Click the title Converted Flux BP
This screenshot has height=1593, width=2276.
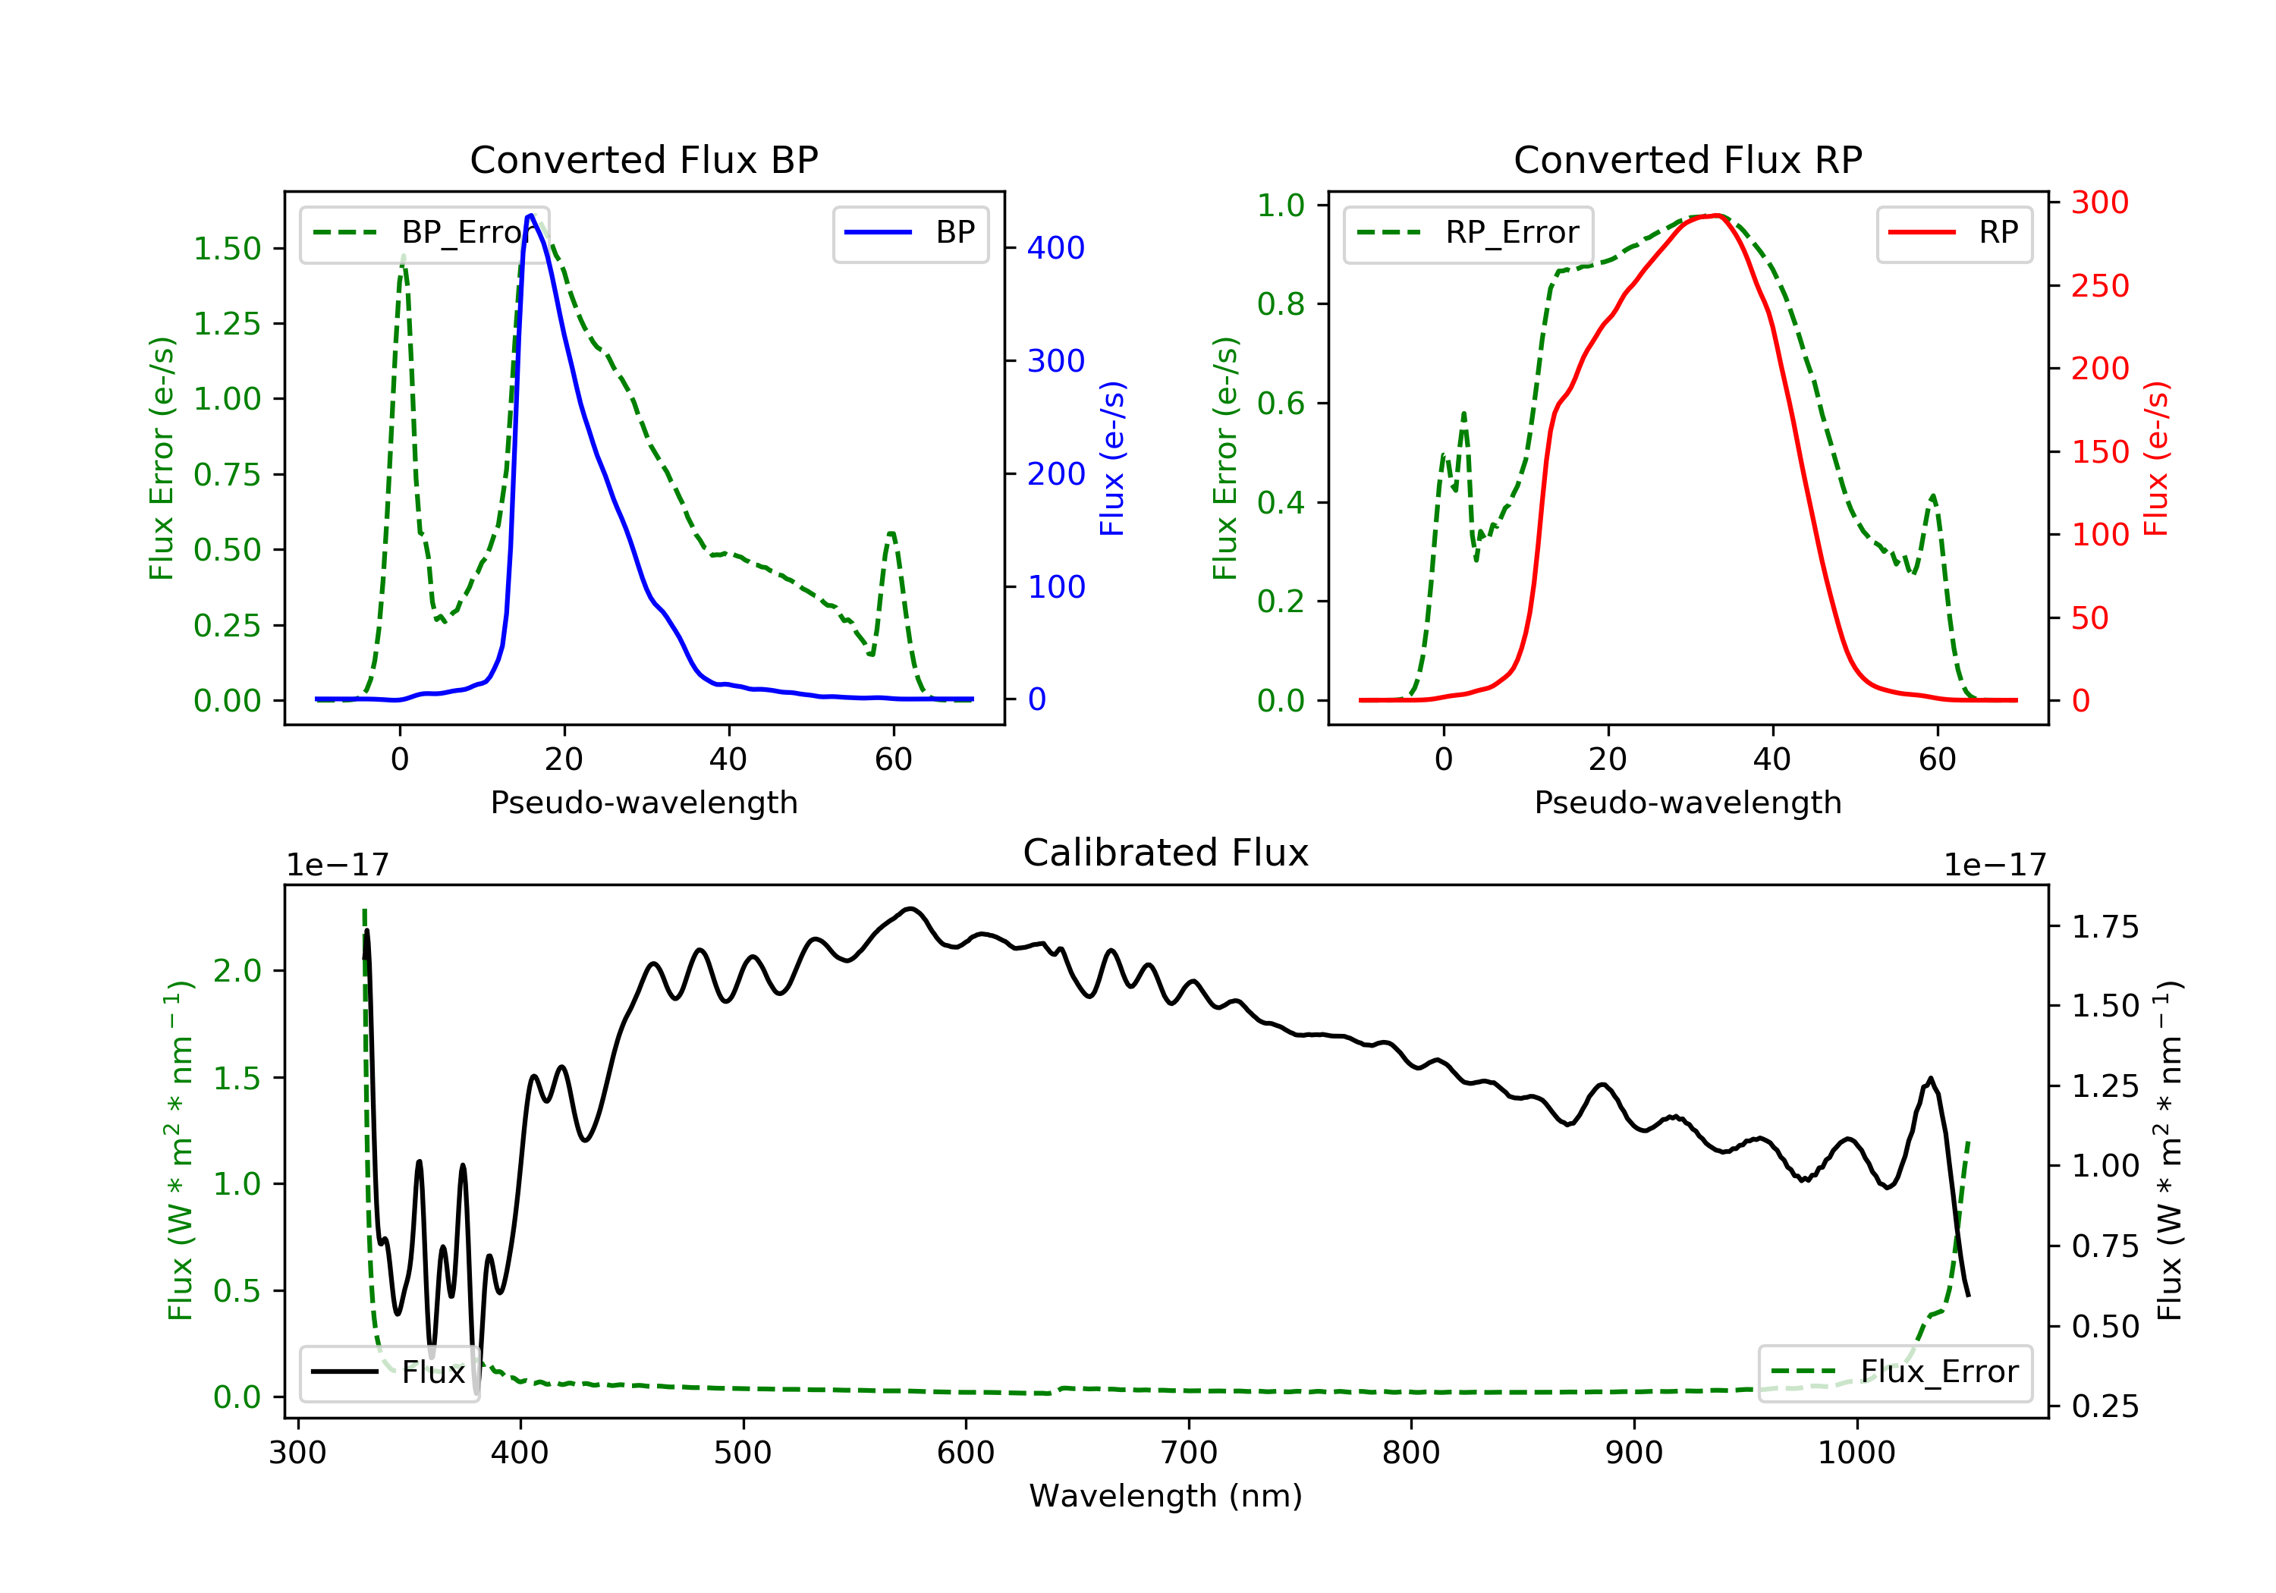643,159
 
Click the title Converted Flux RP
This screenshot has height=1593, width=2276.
1687,159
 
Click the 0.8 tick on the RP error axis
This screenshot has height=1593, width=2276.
1281,304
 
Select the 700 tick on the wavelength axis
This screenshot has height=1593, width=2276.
1189,1453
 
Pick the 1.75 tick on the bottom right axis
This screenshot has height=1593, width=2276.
2105,928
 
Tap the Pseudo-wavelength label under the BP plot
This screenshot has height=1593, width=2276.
643,803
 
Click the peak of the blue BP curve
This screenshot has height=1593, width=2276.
531,215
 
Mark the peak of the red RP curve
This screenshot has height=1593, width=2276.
1716,215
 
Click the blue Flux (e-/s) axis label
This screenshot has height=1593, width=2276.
1112,458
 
